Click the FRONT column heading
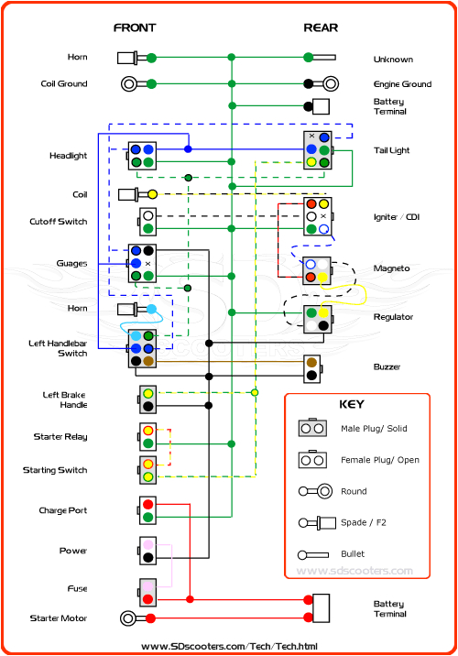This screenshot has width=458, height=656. point(134,27)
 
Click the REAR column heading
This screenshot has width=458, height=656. point(321,27)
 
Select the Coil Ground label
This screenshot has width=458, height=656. point(65,83)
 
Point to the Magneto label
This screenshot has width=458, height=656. point(391,268)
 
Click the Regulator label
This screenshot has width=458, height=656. point(393,317)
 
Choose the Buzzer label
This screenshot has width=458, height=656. point(387,367)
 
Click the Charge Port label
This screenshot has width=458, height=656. point(63,510)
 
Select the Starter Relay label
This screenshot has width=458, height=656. point(61,437)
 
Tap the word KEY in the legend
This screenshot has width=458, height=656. point(352,404)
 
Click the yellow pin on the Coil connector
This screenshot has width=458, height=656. point(152,194)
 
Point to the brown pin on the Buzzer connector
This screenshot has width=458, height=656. point(312,361)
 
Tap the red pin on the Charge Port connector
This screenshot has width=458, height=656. point(147,504)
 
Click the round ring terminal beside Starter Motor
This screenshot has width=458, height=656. point(128,618)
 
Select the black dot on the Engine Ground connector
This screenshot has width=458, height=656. point(309,83)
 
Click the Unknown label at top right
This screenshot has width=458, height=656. point(392,60)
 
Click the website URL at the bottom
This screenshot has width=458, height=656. point(229,646)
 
